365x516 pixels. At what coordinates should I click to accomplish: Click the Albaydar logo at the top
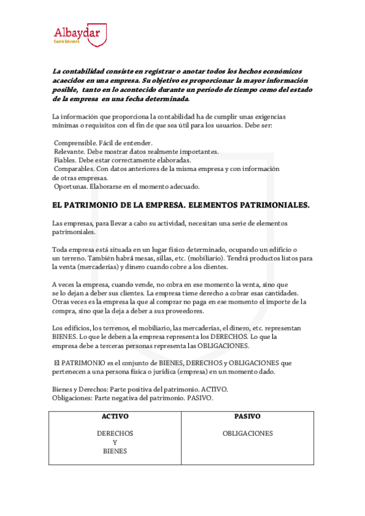79,33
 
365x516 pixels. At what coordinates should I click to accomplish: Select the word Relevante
70,152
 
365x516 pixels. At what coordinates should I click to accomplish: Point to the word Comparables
75,169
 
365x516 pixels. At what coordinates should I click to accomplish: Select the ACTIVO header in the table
115,417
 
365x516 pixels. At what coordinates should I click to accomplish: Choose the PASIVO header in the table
247,417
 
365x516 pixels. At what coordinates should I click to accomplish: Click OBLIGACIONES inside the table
247,434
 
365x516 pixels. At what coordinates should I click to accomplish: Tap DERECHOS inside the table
115,434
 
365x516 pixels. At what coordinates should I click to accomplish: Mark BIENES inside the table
115,451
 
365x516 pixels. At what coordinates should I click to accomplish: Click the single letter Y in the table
115,442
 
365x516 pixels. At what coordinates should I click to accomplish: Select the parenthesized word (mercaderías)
99,267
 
